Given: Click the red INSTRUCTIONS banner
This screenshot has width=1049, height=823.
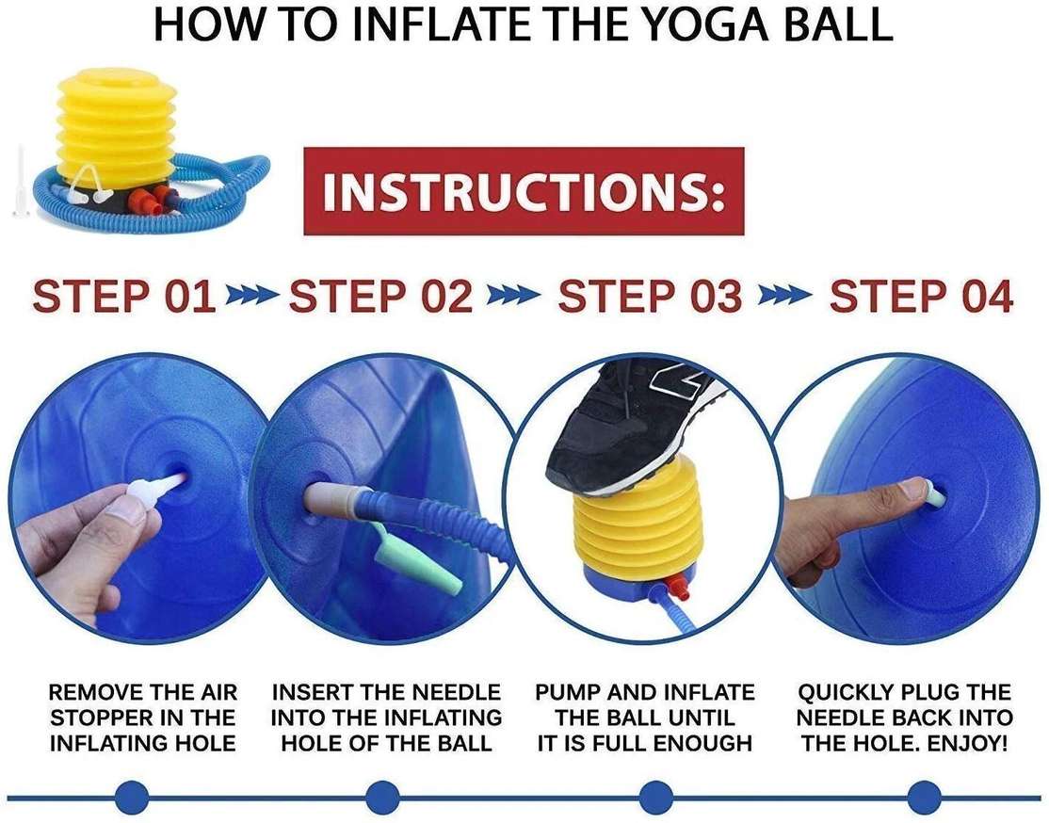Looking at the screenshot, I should (524, 191).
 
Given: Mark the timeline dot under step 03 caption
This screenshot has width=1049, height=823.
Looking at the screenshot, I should (655, 798).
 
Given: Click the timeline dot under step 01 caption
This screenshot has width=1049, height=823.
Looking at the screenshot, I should (132, 798).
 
